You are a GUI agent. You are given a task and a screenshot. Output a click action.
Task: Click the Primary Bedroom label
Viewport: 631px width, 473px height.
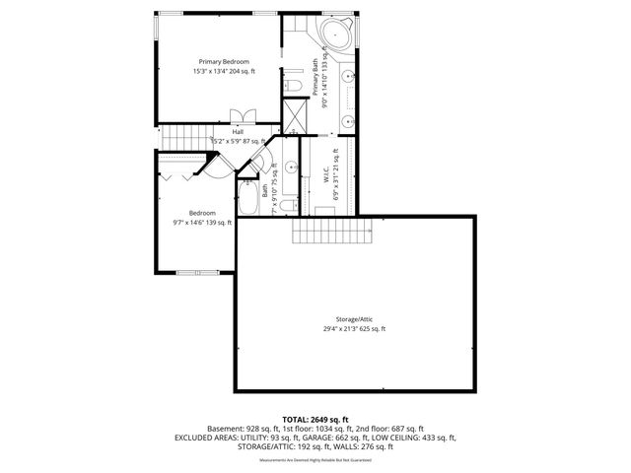click(x=223, y=61)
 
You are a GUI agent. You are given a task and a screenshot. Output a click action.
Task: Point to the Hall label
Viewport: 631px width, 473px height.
click(x=238, y=132)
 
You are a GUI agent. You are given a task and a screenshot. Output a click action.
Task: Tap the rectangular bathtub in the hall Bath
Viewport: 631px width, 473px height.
click(x=248, y=202)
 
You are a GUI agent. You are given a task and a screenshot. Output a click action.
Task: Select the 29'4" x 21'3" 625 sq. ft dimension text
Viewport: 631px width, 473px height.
click(x=354, y=328)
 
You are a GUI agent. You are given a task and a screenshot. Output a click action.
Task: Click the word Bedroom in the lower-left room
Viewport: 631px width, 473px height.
click(x=202, y=213)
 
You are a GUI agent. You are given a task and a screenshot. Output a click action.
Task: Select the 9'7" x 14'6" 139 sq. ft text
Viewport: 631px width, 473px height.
click(x=202, y=223)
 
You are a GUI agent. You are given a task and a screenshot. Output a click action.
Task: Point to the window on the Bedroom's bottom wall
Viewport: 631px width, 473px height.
click(x=192, y=271)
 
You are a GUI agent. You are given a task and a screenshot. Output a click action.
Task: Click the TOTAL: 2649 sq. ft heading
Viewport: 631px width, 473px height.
click(x=315, y=419)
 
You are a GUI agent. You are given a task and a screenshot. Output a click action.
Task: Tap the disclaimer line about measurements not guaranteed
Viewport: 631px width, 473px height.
click(x=315, y=460)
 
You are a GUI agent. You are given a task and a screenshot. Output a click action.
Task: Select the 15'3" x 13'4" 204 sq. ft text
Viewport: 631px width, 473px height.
click(x=223, y=71)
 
